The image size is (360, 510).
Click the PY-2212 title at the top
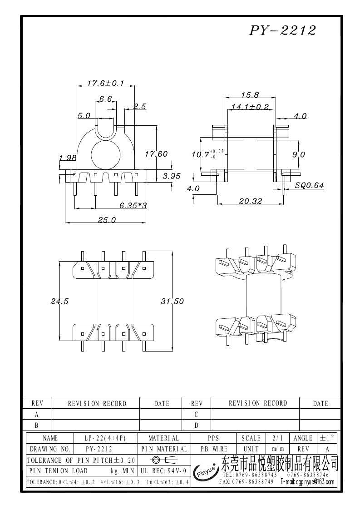(x=282, y=30)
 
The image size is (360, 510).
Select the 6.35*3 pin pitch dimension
(x=133, y=206)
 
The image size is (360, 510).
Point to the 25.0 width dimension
(x=107, y=220)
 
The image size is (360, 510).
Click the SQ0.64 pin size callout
(x=309, y=185)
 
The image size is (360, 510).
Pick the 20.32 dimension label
(x=251, y=202)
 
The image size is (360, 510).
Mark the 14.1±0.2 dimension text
(x=250, y=107)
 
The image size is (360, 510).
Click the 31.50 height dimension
(x=173, y=301)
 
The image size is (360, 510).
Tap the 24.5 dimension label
(x=59, y=301)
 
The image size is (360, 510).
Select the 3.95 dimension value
(x=172, y=176)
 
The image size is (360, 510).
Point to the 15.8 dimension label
(x=250, y=95)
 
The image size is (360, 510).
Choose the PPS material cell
(x=213, y=438)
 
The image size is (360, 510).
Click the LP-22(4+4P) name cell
(x=105, y=438)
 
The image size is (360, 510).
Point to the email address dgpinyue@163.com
(x=307, y=482)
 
